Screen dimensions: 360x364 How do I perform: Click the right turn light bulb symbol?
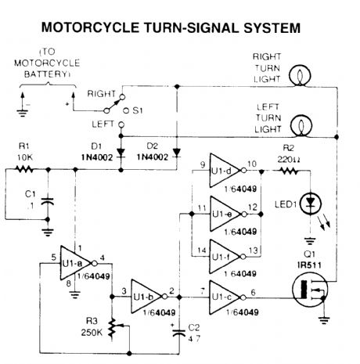(x=300, y=75)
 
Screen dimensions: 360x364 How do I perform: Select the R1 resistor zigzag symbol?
(x=24, y=169)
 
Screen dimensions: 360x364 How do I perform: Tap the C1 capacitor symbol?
(x=48, y=201)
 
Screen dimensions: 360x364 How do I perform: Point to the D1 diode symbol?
(x=121, y=153)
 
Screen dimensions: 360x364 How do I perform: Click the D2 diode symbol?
(x=177, y=153)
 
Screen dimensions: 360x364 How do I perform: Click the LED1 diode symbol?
(x=311, y=203)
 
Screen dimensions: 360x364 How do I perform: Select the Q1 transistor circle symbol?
(x=310, y=290)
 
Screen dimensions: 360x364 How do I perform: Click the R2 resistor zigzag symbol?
(x=289, y=171)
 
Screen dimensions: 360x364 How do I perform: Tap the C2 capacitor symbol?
(x=179, y=333)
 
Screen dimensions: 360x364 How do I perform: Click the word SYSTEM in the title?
(x=272, y=27)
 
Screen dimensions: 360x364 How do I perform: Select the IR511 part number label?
(x=309, y=265)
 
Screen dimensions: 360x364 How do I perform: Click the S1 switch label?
(x=138, y=110)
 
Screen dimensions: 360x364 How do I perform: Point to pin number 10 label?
(x=252, y=164)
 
